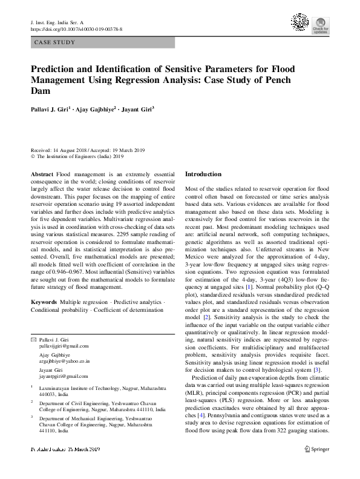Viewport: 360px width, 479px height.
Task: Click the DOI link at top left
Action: (x=76, y=28)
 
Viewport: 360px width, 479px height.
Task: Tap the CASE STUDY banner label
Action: (x=55, y=43)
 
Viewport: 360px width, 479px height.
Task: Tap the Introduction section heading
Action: (x=203, y=174)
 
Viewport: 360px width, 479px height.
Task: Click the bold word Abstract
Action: (x=42, y=174)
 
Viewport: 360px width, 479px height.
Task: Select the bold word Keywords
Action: (x=44, y=301)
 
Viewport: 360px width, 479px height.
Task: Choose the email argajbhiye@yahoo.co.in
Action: (x=64, y=361)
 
